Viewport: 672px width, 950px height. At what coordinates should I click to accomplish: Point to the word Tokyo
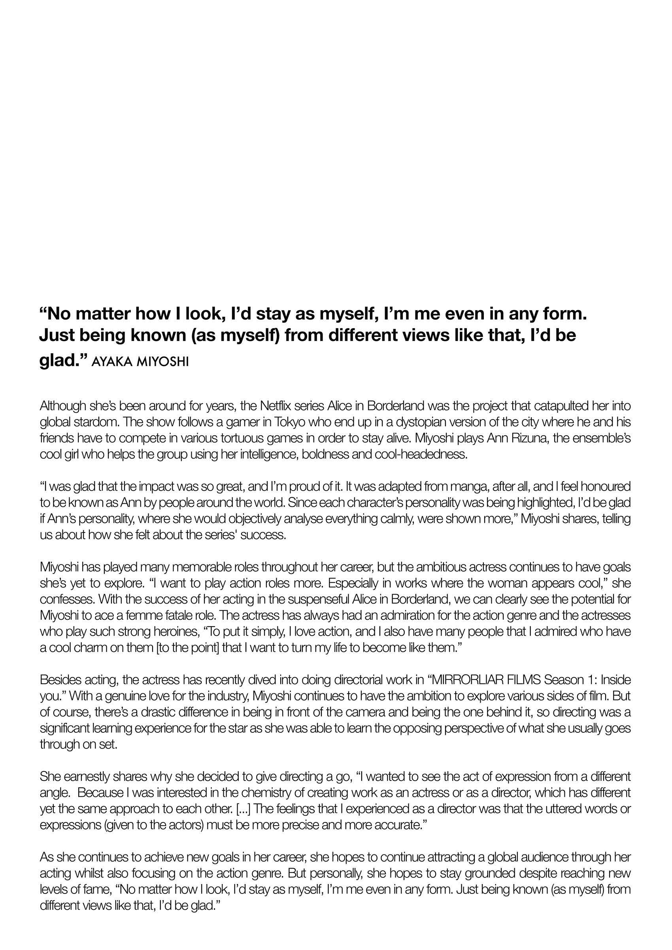click(292, 422)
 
